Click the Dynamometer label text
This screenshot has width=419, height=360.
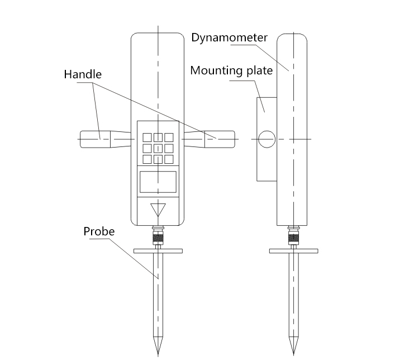click(230, 38)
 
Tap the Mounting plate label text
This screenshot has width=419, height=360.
click(231, 71)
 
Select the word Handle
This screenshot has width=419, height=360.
click(83, 74)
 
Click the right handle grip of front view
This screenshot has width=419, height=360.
click(219, 139)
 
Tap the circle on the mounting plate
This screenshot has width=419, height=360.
click(266, 139)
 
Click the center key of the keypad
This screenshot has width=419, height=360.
click(158, 148)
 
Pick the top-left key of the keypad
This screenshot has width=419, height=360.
click(147, 137)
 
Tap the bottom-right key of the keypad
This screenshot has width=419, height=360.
click(169, 159)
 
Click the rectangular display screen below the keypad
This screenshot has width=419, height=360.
click(158, 182)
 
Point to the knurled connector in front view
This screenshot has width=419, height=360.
click(158, 238)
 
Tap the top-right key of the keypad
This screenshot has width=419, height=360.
click(169, 137)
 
